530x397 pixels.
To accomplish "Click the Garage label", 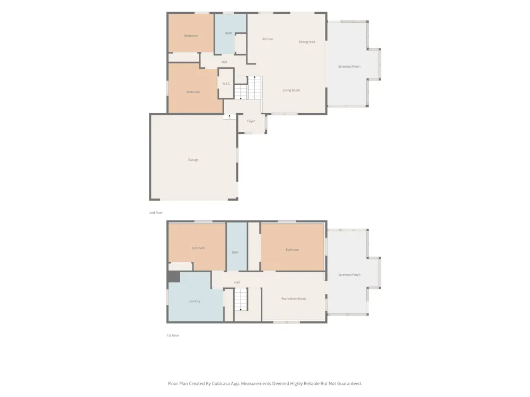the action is click(x=193, y=160).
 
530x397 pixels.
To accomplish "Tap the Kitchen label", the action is click(x=268, y=39).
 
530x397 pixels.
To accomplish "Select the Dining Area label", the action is click(x=307, y=42).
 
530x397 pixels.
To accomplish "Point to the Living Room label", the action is click(x=291, y=90).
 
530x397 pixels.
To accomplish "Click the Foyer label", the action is click(x=251, y=121).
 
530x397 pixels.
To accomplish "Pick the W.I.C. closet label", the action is click(x=226, y=84).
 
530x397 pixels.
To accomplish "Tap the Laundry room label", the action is click(x=195, y=301).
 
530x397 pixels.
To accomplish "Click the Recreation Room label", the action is click(x=294, y=299).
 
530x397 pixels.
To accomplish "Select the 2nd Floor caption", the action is click(x=156, y=213).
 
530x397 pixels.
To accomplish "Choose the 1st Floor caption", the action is click(x=173, y=335).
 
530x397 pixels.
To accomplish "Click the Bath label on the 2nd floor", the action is click(x=228, y=33).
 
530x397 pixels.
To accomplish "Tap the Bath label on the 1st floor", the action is click(x=235, y=252).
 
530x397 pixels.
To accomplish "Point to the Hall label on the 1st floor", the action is click(x=237, y=282).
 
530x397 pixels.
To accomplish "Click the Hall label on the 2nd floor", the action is click(x=224, y=62).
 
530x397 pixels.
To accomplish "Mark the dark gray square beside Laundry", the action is click(x=174, y=277).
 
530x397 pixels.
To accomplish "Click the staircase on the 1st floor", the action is click(x=241, y=300).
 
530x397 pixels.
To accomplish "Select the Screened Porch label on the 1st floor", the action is click(x=349, y=275).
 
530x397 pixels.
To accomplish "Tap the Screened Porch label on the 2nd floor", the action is click(x=349, y=67).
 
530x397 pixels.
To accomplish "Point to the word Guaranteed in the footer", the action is click(x=350, y=383).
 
